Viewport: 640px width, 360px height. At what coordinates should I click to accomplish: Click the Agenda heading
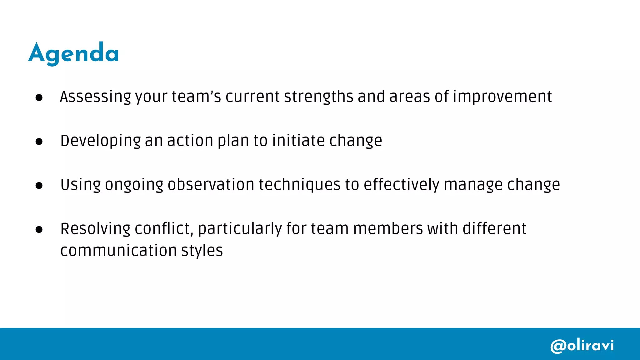click(x=74, y=53)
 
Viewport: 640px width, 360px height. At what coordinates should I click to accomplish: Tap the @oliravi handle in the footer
click(x=582, y=346)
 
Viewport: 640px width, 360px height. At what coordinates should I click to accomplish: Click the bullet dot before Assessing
click(x=39, y=98)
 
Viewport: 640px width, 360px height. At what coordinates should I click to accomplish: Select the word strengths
click(x=318, y=97)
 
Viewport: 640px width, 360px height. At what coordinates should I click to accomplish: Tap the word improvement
click(x=502, y=97)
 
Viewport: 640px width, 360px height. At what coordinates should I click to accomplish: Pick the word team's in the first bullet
click(x=196, y=97)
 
